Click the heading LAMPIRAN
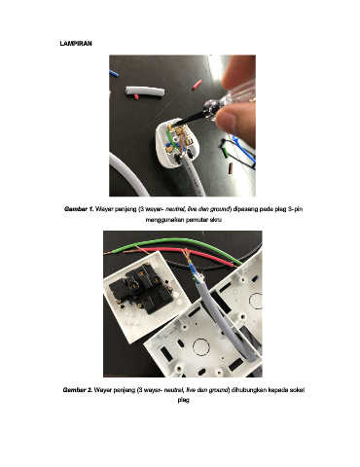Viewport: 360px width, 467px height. (76, 44)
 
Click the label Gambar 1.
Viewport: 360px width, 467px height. (79, 209)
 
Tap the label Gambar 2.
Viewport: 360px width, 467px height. (77, 390)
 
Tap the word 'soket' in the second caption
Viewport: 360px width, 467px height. (298, 390)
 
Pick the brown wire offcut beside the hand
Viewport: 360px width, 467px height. (231, 168)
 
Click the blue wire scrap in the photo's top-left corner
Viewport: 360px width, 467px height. (114, 74)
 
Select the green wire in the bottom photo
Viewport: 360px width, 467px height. (182, 246)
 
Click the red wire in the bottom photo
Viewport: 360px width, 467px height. (192, 255)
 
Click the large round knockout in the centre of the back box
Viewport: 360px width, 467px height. (201, 348)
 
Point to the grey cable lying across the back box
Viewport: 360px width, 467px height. (225, 318)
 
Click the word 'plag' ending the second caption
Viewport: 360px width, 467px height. (183, 401)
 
